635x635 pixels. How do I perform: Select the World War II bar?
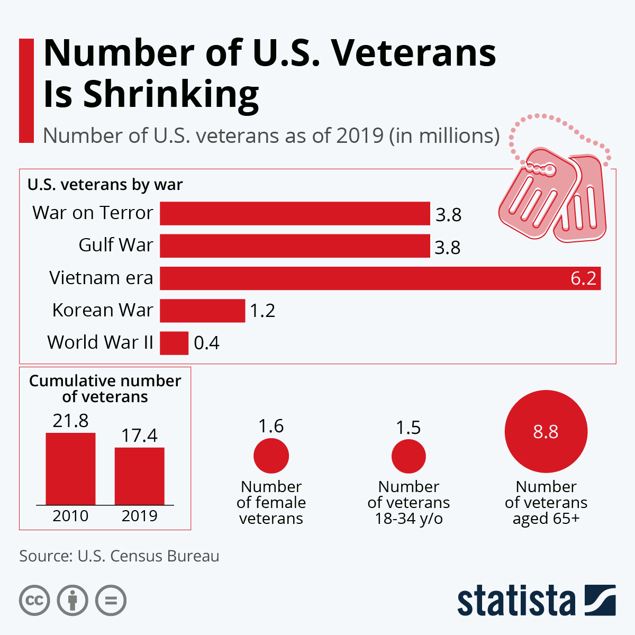click(x=174, y=343)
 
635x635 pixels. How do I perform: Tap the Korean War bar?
click(x=203, y=311)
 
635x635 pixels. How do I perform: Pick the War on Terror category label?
click(x=93, y=213)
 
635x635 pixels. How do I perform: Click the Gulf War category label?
click(x=115, y=245)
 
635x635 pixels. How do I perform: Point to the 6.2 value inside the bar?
click(x=583, y=278)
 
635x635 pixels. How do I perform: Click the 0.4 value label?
click(x=206, y=343)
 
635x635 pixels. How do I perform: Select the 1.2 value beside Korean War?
click(x=262, y=311)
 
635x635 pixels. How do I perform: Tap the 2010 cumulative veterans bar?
click(x=70, y=469)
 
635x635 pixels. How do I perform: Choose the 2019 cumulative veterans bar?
click(x=140, y=476)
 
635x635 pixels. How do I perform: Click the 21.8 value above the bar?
click(x=70, y=421)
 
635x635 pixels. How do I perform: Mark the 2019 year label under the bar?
click(x=140, y=516)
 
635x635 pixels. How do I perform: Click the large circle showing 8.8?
click(x=546, y=431)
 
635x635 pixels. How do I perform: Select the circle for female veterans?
click(x=271, y=456)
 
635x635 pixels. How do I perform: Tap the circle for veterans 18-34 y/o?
click(x=409, y=456)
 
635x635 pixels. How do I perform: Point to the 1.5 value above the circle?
click(x=409, y=428)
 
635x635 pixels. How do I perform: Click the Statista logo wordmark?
click(x=516, y=601)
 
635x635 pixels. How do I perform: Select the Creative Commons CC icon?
click(x=34, y=601)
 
